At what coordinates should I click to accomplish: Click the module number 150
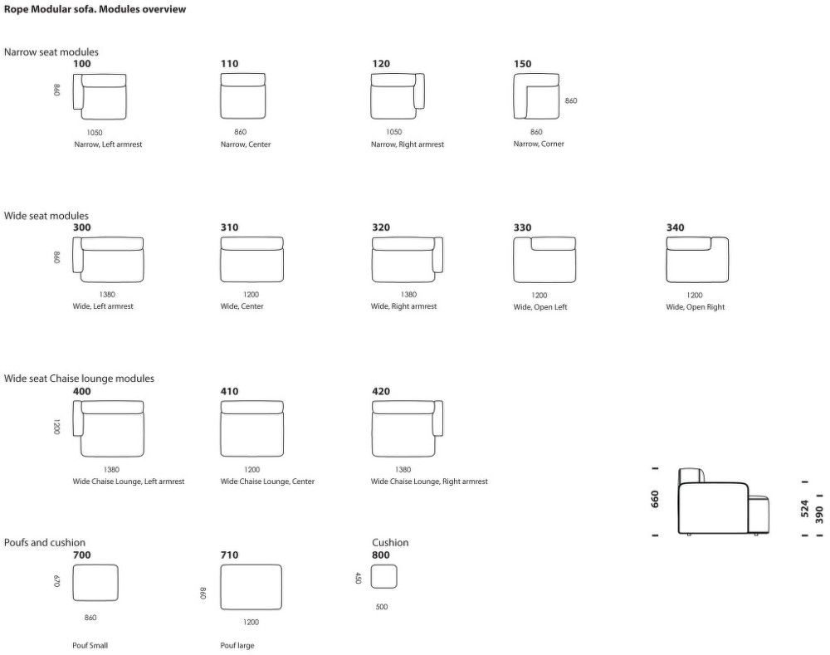pyautogui.click(x=522, y=64)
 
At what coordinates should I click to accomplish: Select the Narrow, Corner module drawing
pyautogui.click(x=536, y=96)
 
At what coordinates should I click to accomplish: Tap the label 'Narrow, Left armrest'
pyautogui.click(x=108, y=144)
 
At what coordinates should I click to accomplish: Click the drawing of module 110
pyautogui.click(x=243, y=96)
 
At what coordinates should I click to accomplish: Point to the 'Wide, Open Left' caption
pyautogui.click(x=540, y=307)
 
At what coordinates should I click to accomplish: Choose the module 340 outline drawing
pyautogui.click(x=697, y=260)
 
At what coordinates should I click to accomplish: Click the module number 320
pyautogui.click(x=381, y=227)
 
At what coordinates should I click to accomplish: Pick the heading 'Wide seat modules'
pyautogui.click(x=46, y=216)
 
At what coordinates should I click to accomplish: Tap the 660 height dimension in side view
pyautogui.click(x=655, y=499)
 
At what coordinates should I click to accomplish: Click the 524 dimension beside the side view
pyautogui.click(x=804, y=508)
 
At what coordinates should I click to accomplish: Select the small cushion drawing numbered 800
pyautogui.click(x=383, y=577)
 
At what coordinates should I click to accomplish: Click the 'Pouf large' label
pyautogui.click(x=237, y=646)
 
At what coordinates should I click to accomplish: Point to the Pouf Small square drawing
pyautogui.click(x=95, y=583)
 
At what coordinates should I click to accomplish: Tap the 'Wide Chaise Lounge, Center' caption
pyautogui.click(x=267, y=481)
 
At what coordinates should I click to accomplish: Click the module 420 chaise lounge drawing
pyautogui.click(x=407, y=429)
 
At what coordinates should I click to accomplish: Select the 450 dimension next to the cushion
pyautogui.click(x=358, y=578)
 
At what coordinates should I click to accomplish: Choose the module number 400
pyautogui.click(x=81, y=391)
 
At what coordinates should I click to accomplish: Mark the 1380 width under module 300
pyautogui.click(x=107, y=295)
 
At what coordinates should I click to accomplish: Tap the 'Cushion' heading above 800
pyautogui.click(x=390, y=542)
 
